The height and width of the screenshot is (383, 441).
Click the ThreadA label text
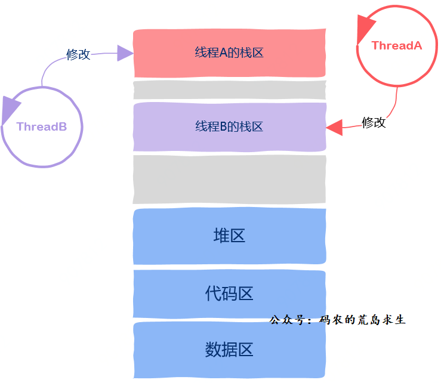(396, 45)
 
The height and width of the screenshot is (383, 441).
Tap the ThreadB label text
(41, 126)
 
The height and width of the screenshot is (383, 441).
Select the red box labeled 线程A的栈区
(229, 52)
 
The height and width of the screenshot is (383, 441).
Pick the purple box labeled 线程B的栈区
(229, 126)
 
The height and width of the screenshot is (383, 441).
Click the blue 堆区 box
(229, 236)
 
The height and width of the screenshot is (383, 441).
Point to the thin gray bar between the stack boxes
(229, 91)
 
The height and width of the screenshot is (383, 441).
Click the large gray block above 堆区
(229, 179)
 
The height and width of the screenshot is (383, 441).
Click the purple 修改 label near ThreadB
(78, 54)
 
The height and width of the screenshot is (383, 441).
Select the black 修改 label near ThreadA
(374, 122)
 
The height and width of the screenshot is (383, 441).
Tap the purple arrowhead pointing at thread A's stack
(125, 52)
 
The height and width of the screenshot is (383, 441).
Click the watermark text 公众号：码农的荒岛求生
(338, 320)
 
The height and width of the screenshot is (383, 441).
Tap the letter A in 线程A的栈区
(224, 52)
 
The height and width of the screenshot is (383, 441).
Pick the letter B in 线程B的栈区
(224, 126)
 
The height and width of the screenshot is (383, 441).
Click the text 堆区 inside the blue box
(229, 236)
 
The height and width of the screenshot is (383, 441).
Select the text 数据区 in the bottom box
(229, 349)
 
